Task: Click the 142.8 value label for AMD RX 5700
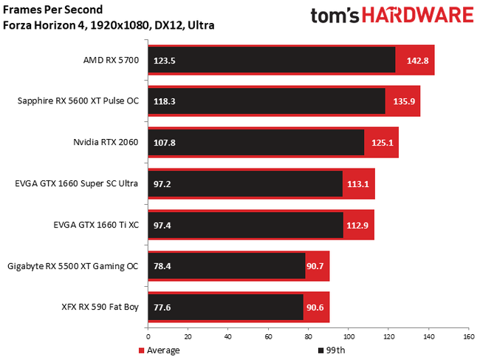[x=414, y=60]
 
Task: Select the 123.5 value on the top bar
[x=164, y=60]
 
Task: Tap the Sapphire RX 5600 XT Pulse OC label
[x=78, y=101]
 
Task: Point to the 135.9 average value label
[x=401, y=101]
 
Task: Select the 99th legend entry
[x=334, y=350]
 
